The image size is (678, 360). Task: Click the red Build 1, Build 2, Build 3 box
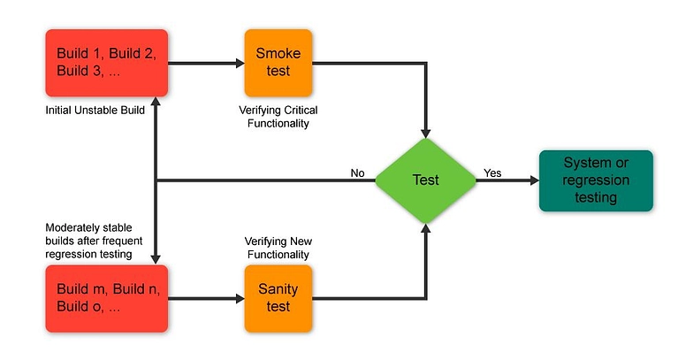point(106,63)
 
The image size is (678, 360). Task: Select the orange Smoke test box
point(278,63)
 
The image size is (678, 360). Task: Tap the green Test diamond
point(426,180)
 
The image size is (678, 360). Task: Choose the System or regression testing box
point(595,180)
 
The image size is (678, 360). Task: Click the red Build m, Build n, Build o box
point(106,297)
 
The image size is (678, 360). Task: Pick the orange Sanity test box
point(278,297)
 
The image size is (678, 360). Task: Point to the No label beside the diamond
point(357,173)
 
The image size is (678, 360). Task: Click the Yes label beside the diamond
point(492,173)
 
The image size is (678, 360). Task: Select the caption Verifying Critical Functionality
point(278,117)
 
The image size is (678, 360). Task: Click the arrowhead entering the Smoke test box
point(239,63)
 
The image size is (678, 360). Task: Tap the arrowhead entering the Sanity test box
point(239,297)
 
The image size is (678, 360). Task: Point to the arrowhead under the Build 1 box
point(156,104)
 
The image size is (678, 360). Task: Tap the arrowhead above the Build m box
point(156,257)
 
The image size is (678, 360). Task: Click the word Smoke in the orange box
point(278,53)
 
